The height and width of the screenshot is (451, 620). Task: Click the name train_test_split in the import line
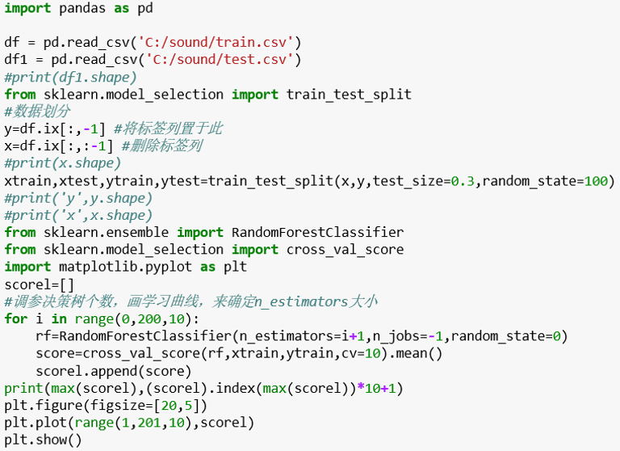pyautogui.click(x=349, y=95)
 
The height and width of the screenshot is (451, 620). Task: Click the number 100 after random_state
pyautogui.click(x=596, y=180)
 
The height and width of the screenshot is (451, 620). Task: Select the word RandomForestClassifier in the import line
pyautogui.click(x=317, y=232)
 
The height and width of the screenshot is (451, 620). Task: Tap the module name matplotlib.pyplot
pyautogui.click(x=124, y=267)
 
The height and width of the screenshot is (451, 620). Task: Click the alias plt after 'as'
pyautogui.click(x=234, y=267)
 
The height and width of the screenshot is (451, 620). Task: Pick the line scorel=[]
pyautogui.click(x=39, y=285)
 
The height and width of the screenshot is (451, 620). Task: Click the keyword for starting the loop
pyautogui.click(x=15, y=318)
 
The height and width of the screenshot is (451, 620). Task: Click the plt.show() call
pyautogui.click(x=43, y=440)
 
